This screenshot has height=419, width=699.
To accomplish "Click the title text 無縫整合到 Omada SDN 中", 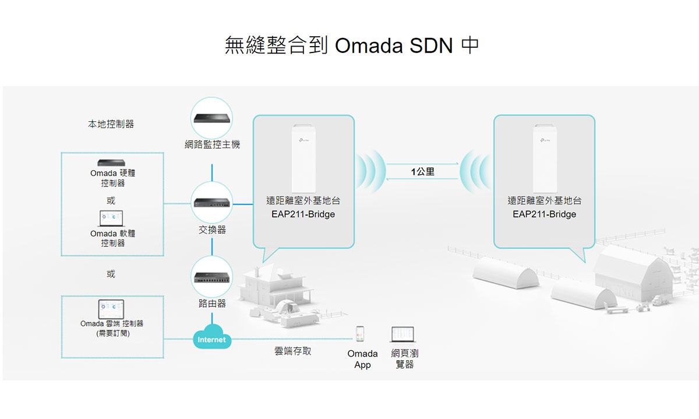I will (352, 45).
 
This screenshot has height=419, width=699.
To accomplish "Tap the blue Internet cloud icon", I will (211, 339).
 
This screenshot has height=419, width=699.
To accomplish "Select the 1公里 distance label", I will (423, 172).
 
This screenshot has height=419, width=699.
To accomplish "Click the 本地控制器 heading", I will (111, 124).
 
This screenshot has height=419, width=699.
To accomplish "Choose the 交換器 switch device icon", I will (212, 202).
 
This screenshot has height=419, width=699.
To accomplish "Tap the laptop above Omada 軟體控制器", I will (111, 219).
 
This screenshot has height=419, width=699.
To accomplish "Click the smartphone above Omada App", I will (361, 333).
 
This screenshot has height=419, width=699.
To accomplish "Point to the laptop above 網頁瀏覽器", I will (403, 334).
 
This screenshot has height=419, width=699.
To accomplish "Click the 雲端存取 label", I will (292, 351).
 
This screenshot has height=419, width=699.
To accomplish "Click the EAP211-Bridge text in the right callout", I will (545, 214).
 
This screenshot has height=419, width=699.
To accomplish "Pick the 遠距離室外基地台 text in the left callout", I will (303, 200).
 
